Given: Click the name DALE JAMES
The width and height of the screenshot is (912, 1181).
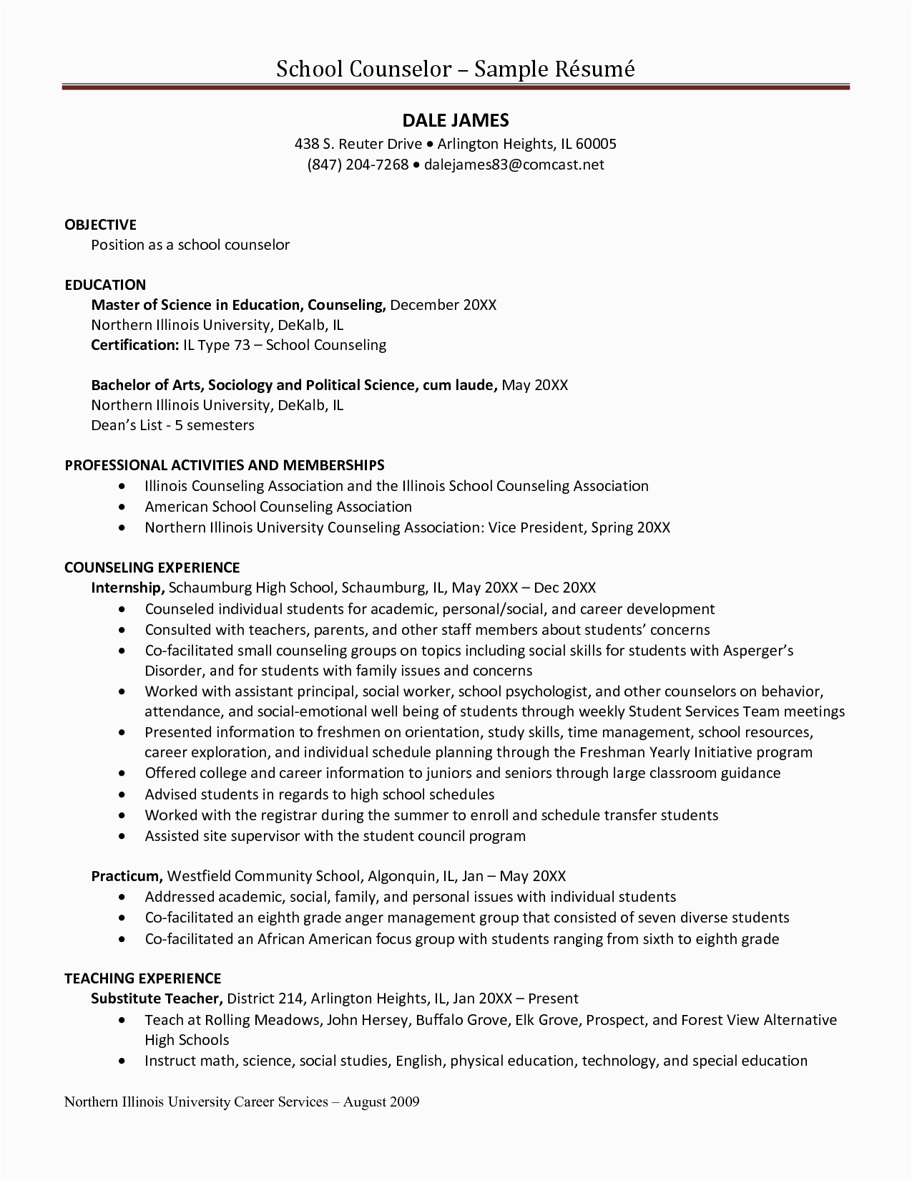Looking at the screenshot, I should (x=456, y=120).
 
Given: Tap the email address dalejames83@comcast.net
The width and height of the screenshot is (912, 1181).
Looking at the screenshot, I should (x=514, y=165).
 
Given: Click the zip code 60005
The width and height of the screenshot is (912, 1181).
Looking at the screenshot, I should (x=596, y=144).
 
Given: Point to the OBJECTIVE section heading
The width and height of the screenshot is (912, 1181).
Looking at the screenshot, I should (x=100, y=225).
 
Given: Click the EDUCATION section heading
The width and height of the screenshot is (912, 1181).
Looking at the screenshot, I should (x=105, y=285).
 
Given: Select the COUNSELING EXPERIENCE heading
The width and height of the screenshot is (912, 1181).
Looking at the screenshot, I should (x=152, y=568).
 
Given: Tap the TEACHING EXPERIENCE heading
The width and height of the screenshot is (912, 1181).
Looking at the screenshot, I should (x=142, y=978).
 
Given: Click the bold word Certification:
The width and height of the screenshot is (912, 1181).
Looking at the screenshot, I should (x=134, y=345).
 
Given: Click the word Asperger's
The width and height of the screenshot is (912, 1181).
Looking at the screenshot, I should (x=758, y=651).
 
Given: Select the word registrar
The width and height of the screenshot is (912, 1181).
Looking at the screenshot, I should (x=288, y=815).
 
